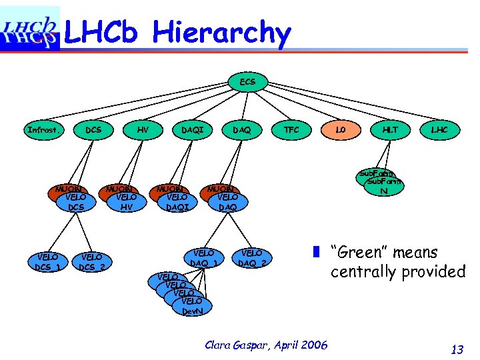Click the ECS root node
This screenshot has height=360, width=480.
(247, 82)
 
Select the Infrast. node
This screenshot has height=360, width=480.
(43, 130)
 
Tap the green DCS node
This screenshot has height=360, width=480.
(94, 130)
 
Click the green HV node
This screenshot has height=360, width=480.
(143, 130)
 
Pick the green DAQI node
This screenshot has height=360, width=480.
(193, 130)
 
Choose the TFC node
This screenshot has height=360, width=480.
(291, 130)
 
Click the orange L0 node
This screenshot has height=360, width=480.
(341, 130)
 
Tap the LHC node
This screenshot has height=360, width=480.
(439, 130)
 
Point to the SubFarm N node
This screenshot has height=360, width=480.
(384, 187)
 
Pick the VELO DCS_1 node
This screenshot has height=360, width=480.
(48, 263)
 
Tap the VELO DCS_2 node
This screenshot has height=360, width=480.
(92, 263)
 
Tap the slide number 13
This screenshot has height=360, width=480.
(457, 349)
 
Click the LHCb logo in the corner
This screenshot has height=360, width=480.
(30, 28)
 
